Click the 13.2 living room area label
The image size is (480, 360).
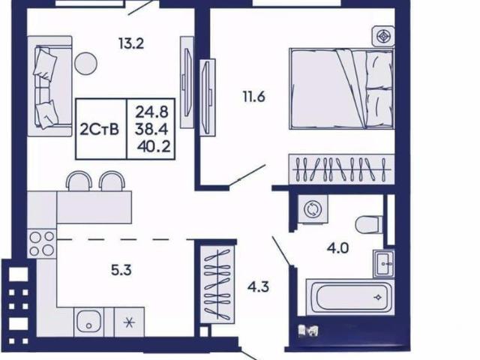131,43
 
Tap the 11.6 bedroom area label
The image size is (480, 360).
253,97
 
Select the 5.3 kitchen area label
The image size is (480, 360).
121,270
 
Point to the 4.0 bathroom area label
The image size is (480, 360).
338,248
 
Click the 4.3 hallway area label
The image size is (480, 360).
258,287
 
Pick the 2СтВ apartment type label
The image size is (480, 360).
99,130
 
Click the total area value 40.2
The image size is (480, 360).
154,147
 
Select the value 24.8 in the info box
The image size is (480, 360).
151,112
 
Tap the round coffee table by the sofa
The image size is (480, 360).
86,63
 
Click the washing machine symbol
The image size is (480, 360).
313,209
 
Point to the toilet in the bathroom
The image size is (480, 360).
369,224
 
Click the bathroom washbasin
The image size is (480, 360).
383,263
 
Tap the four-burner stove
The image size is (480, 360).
42,244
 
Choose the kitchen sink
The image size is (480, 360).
88,322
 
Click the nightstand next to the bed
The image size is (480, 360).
383,37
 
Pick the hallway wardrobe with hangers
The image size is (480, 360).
217,285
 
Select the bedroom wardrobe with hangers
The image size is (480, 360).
342,169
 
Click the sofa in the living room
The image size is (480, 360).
49,86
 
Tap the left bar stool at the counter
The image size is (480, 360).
79,181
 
